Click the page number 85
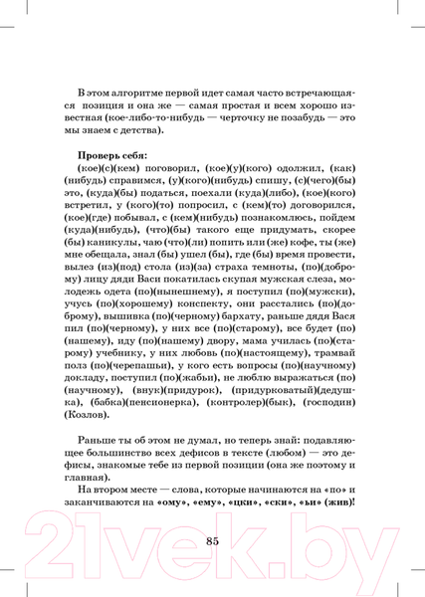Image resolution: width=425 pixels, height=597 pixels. pyautogui.click(x=211, y=540)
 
